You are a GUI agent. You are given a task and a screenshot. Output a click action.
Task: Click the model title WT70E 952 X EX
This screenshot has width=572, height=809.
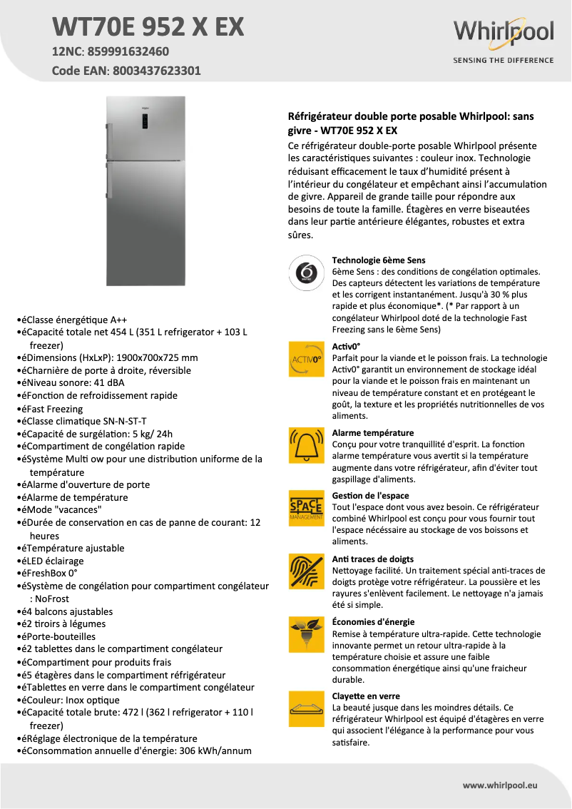coord(148,27)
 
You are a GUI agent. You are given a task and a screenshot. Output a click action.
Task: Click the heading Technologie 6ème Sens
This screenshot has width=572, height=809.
coord(379,260)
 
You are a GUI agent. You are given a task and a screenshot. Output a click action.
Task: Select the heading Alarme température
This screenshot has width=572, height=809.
coord(373,433)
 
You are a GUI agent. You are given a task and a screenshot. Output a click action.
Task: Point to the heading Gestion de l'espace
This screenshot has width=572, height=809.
coord(370,496)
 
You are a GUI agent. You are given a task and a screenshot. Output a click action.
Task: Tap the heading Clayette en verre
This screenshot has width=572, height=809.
coord(366,696)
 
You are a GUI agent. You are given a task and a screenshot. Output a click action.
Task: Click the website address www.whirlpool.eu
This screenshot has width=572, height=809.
coord(500,785)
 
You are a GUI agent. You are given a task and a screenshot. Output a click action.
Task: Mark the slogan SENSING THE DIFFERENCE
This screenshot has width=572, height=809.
coord(504,61)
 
